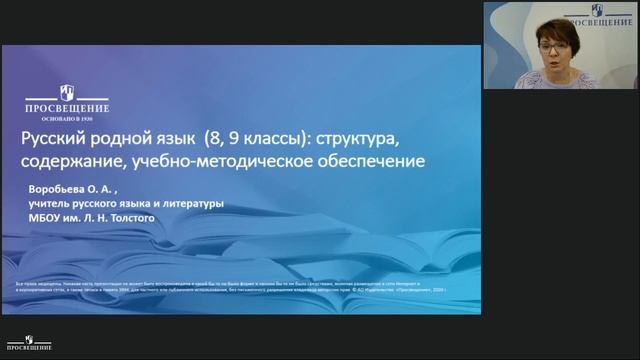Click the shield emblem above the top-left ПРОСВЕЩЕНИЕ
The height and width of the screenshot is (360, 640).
coord(68,93)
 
